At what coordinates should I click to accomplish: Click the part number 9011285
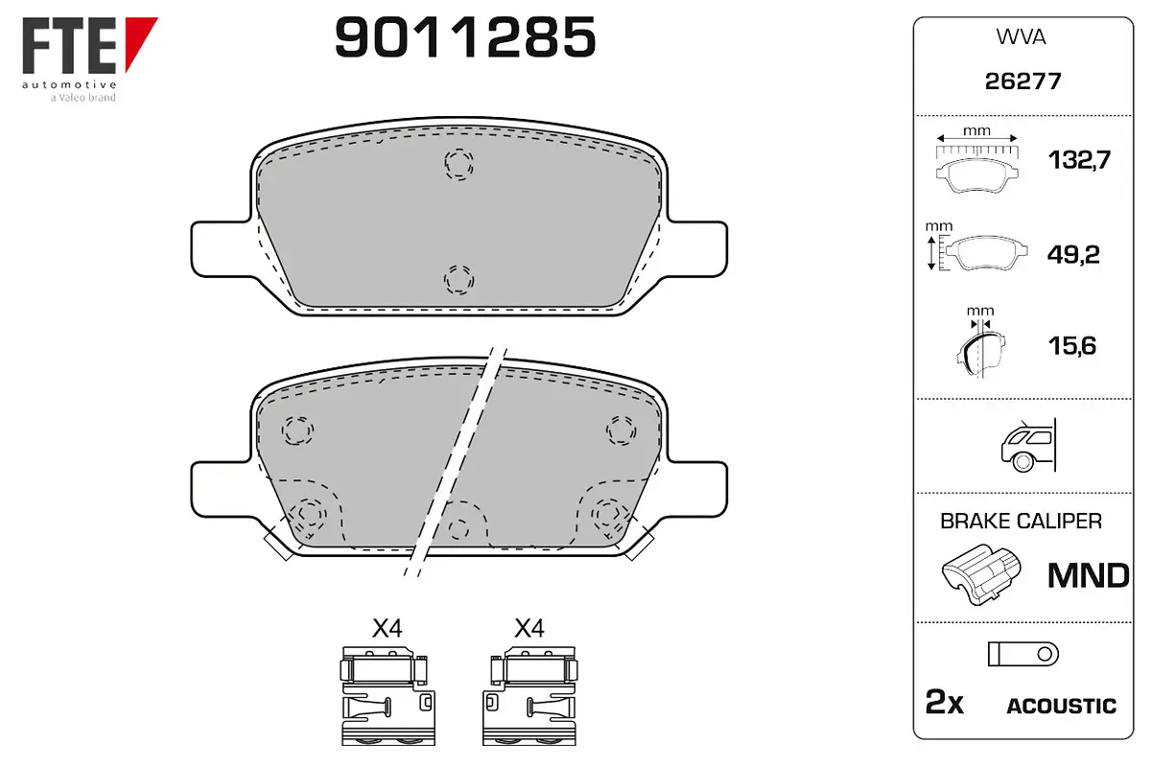[465, 36]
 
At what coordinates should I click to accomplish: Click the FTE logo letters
[69, 46]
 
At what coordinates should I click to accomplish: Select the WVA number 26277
[1022, 81]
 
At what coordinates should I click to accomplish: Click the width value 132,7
[1079, 160]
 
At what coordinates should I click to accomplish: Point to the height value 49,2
[1073, 254]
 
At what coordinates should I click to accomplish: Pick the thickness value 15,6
[1072, 346]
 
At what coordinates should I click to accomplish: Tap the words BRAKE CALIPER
[1021, 522]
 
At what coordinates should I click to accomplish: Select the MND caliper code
[1089, 575]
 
